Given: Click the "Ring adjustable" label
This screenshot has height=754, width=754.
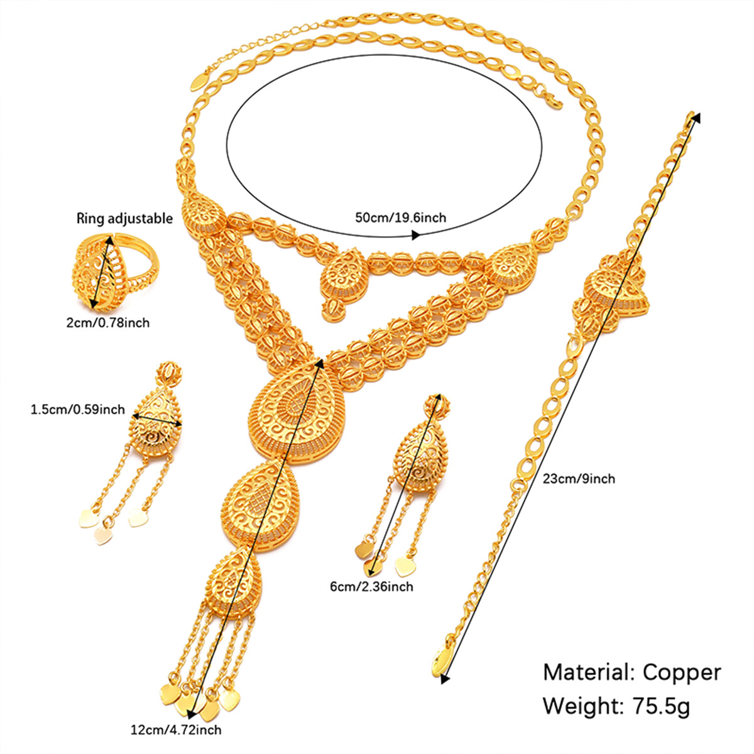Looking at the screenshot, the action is pos(124,218).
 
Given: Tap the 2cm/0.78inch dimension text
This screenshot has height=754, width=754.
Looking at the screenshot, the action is pos(108,323).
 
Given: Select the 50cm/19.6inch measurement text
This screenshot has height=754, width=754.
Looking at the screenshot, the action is pos(400,217).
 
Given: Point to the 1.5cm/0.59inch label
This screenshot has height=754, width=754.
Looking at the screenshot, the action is pos(77,410).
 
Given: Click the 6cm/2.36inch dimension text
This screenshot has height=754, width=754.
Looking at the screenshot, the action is pos(372,586).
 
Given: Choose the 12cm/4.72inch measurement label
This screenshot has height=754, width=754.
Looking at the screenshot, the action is pos(176,729).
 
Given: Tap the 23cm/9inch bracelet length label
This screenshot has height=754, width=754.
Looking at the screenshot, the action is pos(579,479).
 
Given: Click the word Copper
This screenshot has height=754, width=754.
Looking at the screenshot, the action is pos(682,672).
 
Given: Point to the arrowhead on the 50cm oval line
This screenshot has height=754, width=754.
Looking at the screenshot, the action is pos(415,235).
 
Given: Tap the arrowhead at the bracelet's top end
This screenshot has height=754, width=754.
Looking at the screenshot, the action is pos(696,117).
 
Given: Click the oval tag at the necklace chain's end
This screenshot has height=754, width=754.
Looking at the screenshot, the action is pos(200,79).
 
